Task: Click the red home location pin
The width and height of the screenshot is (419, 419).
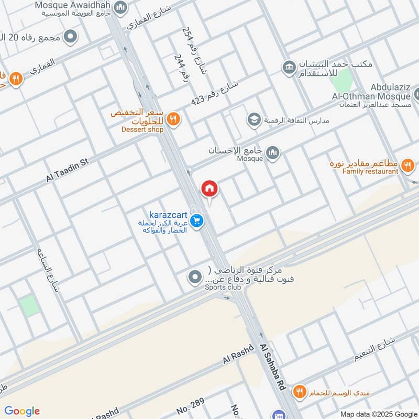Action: point(209,189)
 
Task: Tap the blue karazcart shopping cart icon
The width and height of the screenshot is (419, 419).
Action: point(197,222)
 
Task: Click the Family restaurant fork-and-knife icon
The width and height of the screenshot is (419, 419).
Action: point(407,167)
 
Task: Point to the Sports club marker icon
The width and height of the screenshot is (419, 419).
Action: point(195,277)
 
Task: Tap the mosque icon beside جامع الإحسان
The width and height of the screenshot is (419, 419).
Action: point(272,153)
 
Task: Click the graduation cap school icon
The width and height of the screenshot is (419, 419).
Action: point(254,120)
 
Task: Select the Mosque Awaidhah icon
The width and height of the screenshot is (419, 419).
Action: point(120,7)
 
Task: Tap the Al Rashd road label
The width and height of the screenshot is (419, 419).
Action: point(238,354)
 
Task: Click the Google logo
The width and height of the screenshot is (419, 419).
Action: point(22,411)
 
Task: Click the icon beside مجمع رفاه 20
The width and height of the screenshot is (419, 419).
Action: point(70,37)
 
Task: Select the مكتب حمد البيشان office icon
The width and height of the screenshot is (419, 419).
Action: point(289,67)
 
